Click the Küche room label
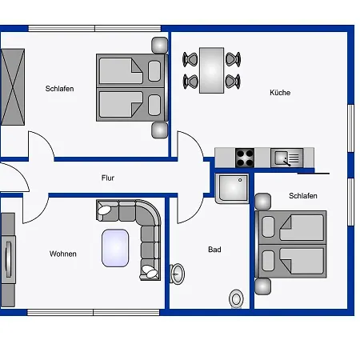tap(280, 93)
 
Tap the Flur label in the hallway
tap(108, 178)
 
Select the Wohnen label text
tap(63, 254)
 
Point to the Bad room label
tap(214, 250)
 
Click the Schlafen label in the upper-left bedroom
tap(59, 89)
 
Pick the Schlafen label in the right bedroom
tap(303, 196)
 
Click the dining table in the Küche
tap(212, 70)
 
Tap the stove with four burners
tap(244, 157)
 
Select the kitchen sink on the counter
tap(285, 157)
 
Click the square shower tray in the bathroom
tap(233, 189)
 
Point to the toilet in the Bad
tap(236, 298)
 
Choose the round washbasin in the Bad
tap(178, 274)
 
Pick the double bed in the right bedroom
tap(291, 245)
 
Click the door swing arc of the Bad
tap(189, 210)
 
